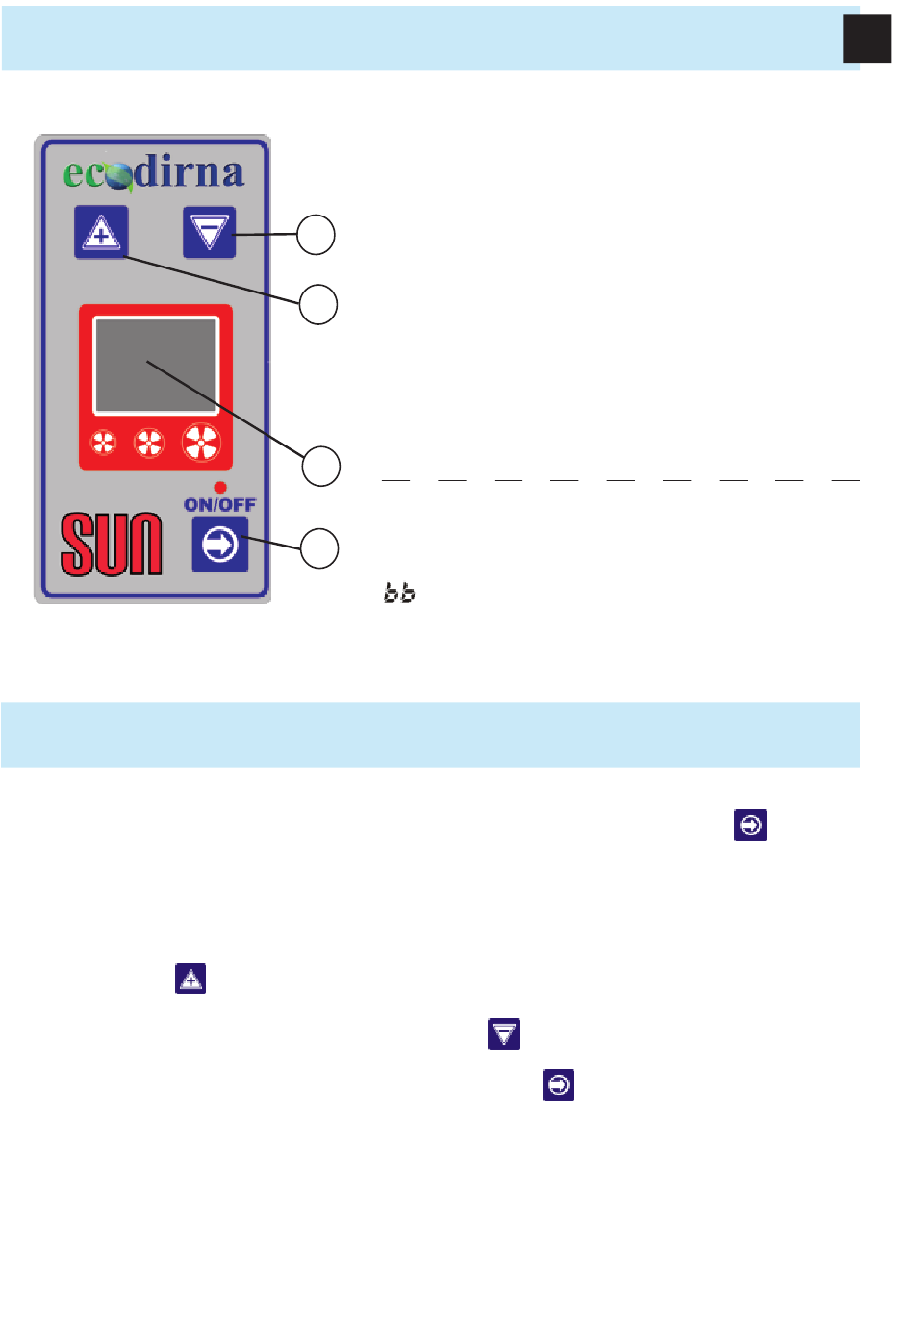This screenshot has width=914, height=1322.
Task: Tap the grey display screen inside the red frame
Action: tap(156, 366)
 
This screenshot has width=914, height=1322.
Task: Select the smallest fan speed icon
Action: tap(104, 443)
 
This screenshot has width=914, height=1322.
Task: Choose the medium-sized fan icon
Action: tap(148, 443)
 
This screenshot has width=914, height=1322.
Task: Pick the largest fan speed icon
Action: tap(202, 443)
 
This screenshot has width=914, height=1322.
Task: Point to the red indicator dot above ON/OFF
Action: tap(220, 488)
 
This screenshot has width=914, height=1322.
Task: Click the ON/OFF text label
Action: tap(219, 504)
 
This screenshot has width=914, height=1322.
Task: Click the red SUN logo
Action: tap(112, 545)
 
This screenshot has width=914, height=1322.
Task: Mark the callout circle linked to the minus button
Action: tap(316, 235)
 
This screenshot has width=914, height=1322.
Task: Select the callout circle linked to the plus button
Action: tap(318, 304)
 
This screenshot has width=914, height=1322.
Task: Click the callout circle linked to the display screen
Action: tap(321, 467)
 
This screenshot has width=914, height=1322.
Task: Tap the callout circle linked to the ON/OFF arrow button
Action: tap(319, 548)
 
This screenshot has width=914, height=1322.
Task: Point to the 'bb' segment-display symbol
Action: tap(399, 593)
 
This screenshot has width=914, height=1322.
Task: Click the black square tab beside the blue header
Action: tap(867, 39)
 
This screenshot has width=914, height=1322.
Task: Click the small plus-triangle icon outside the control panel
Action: tap(190, 979)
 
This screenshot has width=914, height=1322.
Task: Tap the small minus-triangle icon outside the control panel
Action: tap(504, 1034)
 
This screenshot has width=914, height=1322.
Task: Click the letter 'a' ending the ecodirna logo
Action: tap(232, 174)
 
